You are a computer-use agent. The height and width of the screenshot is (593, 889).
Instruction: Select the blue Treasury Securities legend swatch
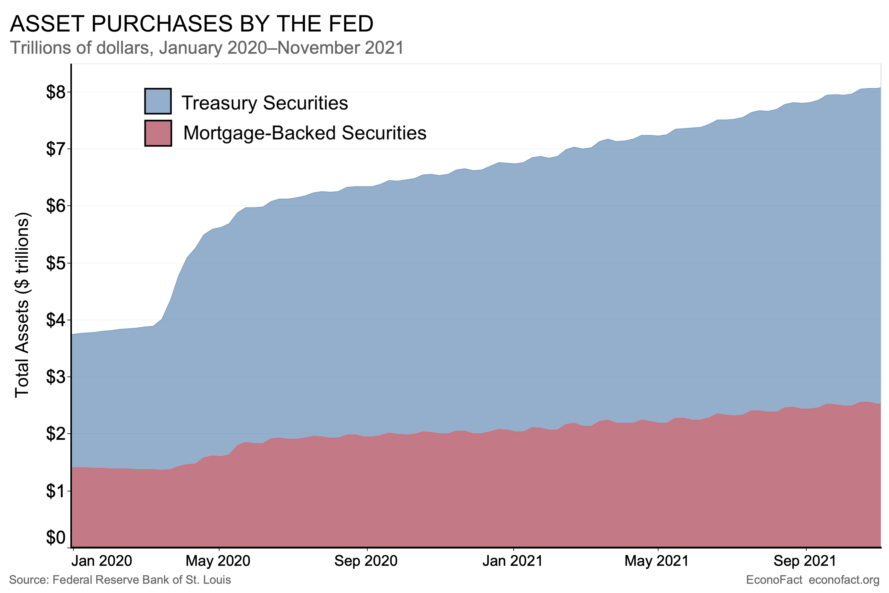[x=158, y=101]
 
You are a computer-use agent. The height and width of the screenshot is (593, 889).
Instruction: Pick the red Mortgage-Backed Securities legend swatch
[x=158, y=133]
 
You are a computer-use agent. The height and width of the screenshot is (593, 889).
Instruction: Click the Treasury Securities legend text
[x=265, y=103]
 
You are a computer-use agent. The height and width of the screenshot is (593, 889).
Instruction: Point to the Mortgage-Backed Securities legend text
[x=305, y=133]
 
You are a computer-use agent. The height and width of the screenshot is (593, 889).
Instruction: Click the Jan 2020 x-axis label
[x=102, y=561]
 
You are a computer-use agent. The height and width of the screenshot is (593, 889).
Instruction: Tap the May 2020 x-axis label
[x=218, y=561]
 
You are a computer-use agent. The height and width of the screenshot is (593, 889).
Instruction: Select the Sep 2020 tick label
[x=366, y=561]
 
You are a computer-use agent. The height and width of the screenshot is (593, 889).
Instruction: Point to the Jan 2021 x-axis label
[x=512, y=561]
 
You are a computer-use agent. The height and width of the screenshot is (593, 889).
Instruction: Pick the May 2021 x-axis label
[x=657, y=561]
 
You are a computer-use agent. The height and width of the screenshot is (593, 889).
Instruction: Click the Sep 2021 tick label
[x=805, y=561]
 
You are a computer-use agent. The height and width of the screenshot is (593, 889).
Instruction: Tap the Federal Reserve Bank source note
[x=120, y=580]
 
